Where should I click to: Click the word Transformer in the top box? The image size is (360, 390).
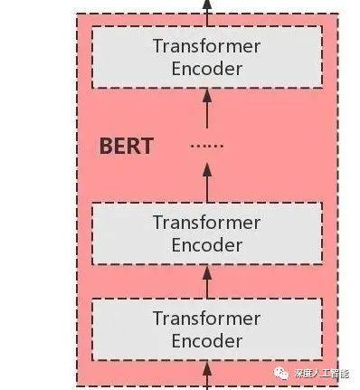coord(206,47)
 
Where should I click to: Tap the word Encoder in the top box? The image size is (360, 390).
coord(206,69)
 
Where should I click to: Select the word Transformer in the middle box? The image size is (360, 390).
coord(206,223)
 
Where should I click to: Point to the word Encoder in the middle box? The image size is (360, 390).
coord(206,244)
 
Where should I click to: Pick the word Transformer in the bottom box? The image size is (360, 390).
coord(206,319)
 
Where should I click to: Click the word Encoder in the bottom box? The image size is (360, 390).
coord(206,340)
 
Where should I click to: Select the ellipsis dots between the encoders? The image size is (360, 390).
coord(207,146)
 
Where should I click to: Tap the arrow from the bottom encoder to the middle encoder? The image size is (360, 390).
coord(207,281)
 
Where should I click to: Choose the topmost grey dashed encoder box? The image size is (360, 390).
coord(207,57)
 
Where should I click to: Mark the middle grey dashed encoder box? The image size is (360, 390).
coord(207,233)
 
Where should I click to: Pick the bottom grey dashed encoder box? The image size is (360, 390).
coord(207,329)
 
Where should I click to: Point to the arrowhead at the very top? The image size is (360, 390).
coord(207,5)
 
